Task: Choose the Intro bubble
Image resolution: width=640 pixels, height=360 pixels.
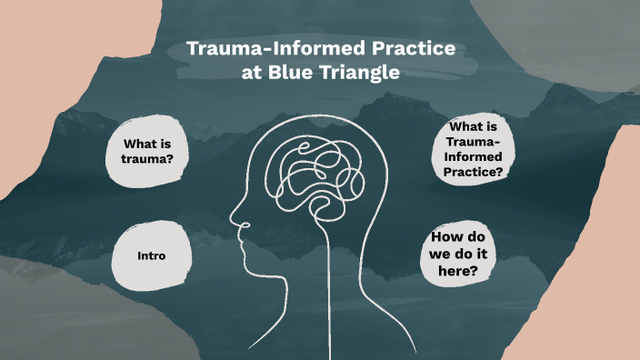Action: [151, 255]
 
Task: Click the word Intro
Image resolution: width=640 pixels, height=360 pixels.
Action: [151, 255]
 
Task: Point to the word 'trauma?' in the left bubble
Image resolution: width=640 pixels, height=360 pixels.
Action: [147, 160]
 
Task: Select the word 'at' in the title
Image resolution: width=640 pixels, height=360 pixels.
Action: [251, 74]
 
